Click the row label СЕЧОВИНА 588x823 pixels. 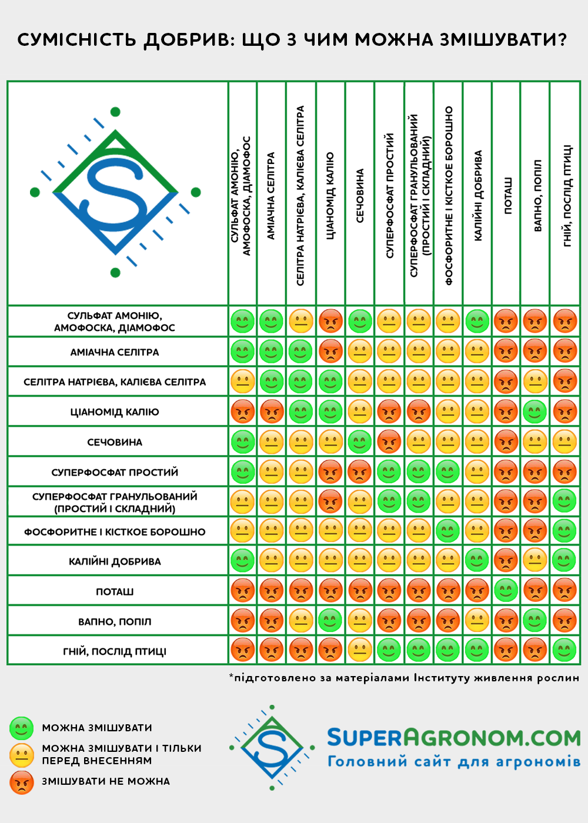click(x=115, y=442)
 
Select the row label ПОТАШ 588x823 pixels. click(x=115, y=591)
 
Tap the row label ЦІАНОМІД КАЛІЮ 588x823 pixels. click(x=115, y=412)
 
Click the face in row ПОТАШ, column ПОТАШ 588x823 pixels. click(x=506, y=590)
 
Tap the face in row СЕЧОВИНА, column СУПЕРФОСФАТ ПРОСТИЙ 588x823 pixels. click(x=389, y=442)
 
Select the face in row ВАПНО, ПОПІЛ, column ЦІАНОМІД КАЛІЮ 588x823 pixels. click(x=330, y=620)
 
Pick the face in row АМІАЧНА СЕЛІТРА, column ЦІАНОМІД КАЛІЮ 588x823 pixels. click(x=330, y=352)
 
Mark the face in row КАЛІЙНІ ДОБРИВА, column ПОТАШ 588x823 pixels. click(x=506, y=560)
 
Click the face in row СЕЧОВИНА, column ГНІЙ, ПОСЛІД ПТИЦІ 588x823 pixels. click(x=565, y=442)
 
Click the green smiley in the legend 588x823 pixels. click(x=21, y=728)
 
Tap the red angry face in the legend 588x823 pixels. click(x=21, y=782)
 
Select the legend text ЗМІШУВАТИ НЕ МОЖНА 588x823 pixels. click(x=106, y=781)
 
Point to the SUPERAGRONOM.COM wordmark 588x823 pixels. click(x=453, y=737)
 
